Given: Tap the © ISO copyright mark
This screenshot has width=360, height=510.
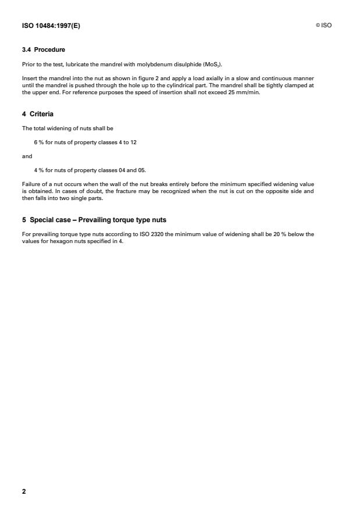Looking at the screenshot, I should (x=323, y=26).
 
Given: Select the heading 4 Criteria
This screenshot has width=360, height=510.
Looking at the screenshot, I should (x=38, y=114).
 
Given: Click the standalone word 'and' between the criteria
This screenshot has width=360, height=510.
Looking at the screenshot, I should (x=26, y=156).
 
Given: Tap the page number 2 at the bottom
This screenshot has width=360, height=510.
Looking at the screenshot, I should (x=24, y=491).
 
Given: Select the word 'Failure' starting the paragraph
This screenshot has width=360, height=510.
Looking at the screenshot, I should (x=31, y=184).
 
